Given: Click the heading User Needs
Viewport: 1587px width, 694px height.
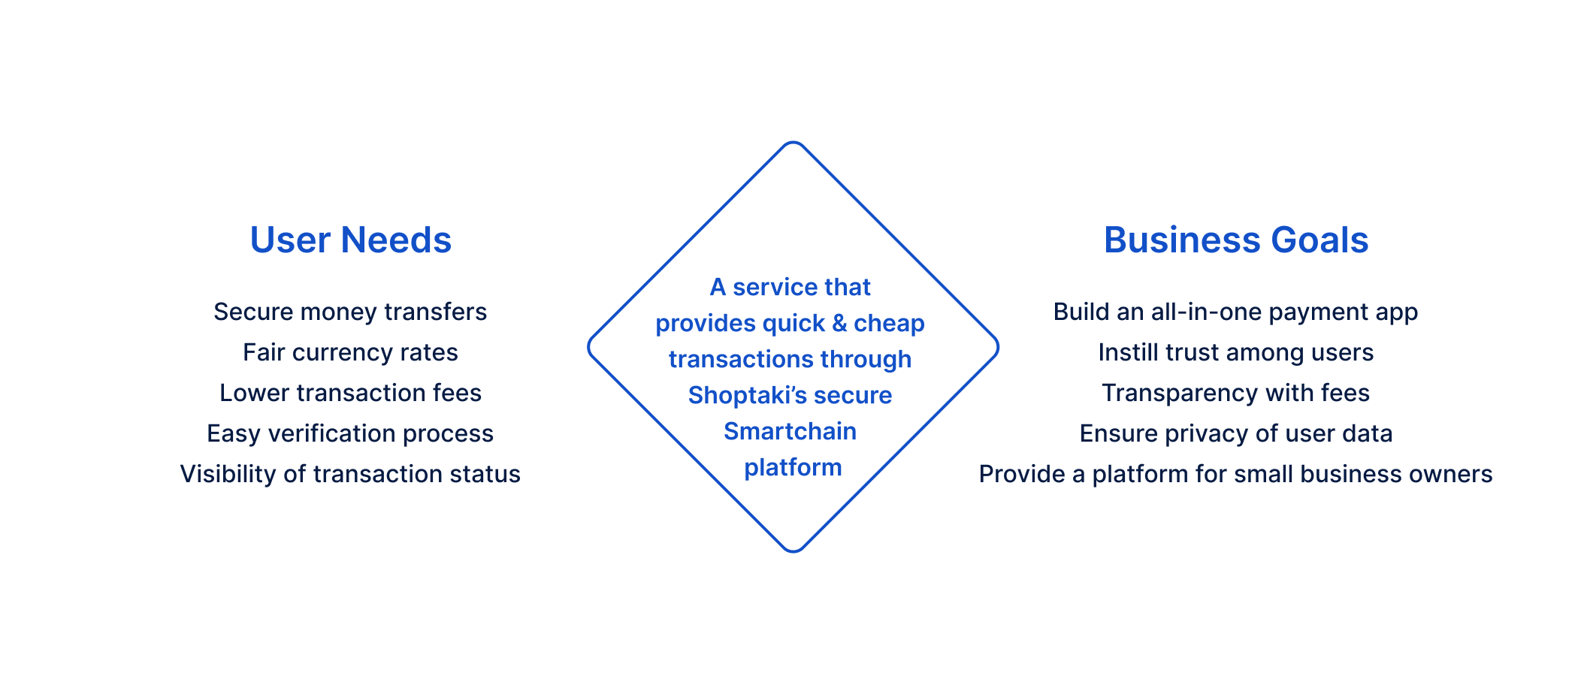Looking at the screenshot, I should (350, 240).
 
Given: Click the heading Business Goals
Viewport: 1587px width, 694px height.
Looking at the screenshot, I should (1235, 240).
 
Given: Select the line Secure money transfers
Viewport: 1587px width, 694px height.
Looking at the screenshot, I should (350, 312).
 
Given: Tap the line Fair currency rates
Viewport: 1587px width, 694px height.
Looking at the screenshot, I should (350, 352).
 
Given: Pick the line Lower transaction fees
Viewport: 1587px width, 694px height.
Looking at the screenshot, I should (350, 393).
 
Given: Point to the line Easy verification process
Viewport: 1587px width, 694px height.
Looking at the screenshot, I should (350, 433).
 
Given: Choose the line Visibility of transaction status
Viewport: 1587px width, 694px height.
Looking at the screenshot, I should (350, 474).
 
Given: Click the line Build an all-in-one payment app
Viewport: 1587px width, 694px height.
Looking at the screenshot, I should (1235, 312).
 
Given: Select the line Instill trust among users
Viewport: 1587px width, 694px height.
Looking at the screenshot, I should (1235, 352).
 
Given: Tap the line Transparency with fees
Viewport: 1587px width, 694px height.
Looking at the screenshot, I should (1235, 393).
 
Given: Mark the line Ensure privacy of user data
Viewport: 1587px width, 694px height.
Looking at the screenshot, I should (1235, 433).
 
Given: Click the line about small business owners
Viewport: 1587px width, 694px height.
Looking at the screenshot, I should (1235, 474).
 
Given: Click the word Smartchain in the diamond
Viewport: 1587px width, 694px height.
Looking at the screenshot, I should (790, 431).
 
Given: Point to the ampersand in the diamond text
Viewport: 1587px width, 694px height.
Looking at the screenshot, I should (839, 324).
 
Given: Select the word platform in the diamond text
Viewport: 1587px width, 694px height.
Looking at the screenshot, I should (793, 468).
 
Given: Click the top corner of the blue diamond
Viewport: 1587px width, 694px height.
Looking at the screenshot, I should (793, 143).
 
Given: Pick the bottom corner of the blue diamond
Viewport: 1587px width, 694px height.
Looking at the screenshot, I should (793, 551).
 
